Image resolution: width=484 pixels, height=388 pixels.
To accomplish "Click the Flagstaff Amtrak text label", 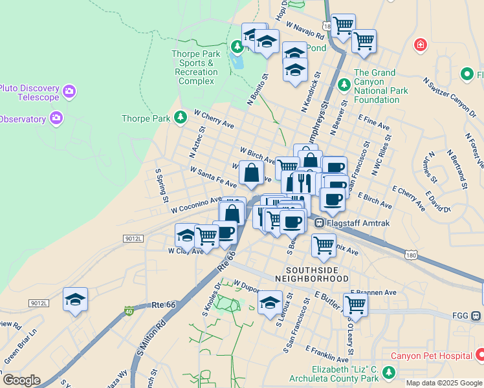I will tap(353, 223).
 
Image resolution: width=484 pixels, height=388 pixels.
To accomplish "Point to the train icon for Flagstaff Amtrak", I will tap(319, 223).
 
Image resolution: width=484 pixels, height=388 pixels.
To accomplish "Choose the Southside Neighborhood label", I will tap(311, 273).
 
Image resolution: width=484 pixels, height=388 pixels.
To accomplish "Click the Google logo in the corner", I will tap(21, 380).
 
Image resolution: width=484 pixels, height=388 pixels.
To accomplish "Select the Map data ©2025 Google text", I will tap(444, 383).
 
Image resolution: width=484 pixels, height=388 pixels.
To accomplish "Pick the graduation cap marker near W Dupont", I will tap(270, 303).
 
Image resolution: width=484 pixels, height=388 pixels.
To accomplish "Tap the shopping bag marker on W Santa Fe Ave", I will tap(251, 173).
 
